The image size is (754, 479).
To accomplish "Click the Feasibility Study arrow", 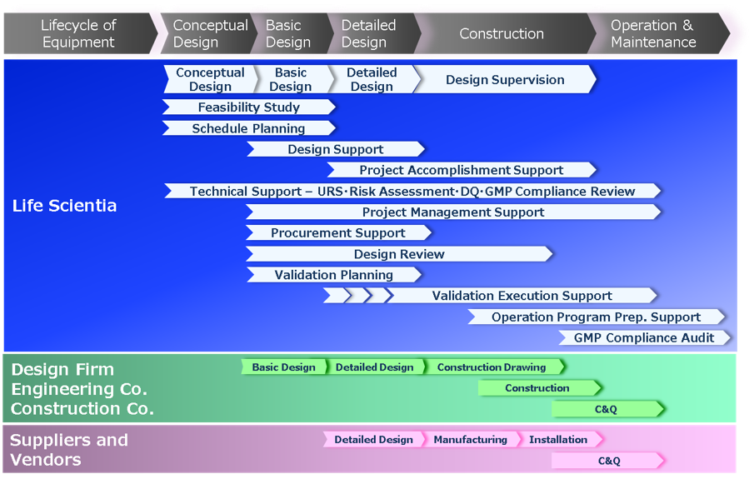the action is pos(248,107).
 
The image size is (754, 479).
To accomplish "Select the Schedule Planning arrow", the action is pos(248,128).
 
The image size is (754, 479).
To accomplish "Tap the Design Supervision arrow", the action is pos(505,79).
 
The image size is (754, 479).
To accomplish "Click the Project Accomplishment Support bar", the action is pos(462,170).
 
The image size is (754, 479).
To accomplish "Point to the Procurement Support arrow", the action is pos(338,232).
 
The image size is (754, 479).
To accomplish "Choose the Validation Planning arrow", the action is pos(334,275).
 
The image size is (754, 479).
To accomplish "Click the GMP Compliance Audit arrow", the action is pos(644,337).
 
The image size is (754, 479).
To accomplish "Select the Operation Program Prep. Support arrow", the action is pos(597,317).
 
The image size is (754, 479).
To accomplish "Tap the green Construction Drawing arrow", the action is pos(494,367).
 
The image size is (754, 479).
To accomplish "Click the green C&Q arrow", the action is pos(608,409).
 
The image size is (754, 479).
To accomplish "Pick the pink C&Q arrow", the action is pos(608,461).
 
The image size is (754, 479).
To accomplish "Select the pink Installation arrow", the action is pos(560,440).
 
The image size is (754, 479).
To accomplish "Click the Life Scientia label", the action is pos(64,206).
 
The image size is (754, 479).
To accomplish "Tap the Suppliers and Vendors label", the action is pos(69,450).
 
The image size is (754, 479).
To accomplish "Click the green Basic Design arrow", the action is pos(284,367).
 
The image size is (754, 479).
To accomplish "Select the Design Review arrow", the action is pos(399,254).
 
